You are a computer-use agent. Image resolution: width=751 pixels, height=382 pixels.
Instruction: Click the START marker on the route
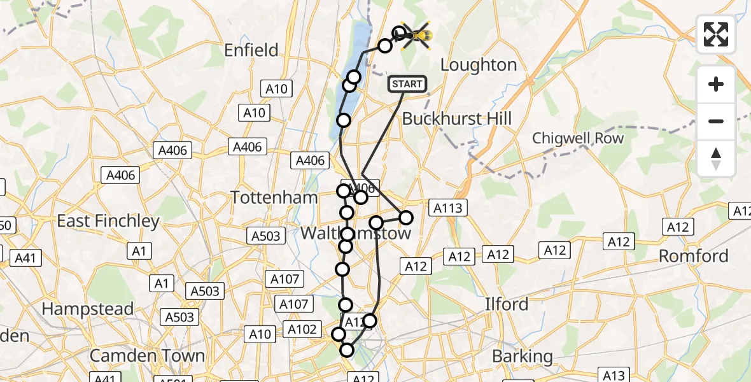407,84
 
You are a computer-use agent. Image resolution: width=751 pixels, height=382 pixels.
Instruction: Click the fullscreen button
716,34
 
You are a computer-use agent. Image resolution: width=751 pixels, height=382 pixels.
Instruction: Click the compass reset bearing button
716,158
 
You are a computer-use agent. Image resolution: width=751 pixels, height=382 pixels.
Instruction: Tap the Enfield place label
251,50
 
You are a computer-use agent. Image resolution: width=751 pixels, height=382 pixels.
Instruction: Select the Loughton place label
479,65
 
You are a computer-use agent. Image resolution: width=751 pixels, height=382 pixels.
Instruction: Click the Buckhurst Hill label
457,118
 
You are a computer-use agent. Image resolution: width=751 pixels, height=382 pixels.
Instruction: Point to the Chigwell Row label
578,138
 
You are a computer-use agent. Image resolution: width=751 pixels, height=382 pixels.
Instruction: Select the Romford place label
694,256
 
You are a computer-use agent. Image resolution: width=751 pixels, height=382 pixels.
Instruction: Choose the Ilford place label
507,304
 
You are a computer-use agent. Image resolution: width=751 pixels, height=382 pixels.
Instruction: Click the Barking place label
523,357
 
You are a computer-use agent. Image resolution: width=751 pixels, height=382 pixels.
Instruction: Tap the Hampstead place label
88,309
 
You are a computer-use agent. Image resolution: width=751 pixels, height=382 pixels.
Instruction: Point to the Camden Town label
148,355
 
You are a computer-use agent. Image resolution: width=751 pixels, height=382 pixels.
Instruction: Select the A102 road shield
302,329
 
